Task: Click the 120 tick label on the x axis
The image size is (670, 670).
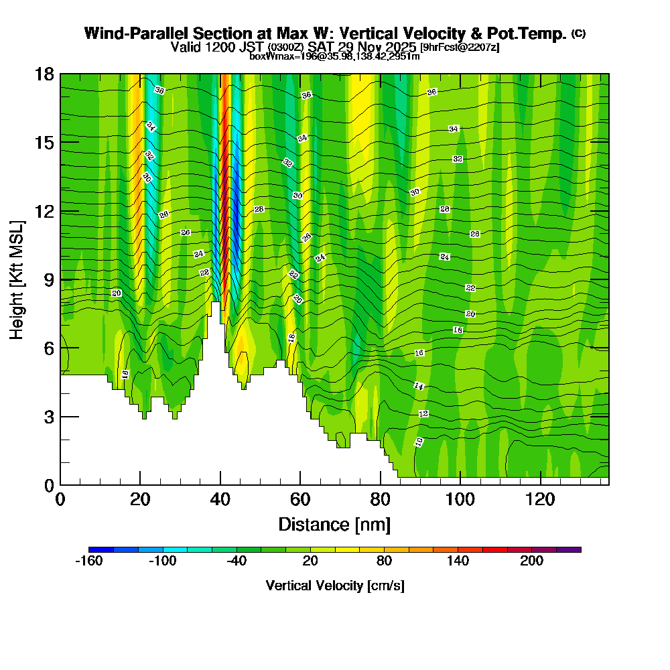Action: tap(540, 499)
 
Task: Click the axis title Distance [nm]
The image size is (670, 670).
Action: tap(334, 524)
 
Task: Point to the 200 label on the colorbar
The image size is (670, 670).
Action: tap(532, 561)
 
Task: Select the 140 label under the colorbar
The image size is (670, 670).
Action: tap(458, 561)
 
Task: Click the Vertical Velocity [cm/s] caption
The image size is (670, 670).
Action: tap(334, 586)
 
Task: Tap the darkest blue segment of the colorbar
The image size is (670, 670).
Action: tap(100, 549)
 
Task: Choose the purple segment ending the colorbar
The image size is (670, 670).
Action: tap(569, 549)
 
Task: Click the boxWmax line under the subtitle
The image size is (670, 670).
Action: tap(334, 56)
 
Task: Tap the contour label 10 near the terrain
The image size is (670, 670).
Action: tap(419, 442)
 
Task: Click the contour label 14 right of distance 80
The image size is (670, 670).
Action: tap(419, 386)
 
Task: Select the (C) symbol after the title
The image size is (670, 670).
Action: tap(578, 33)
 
